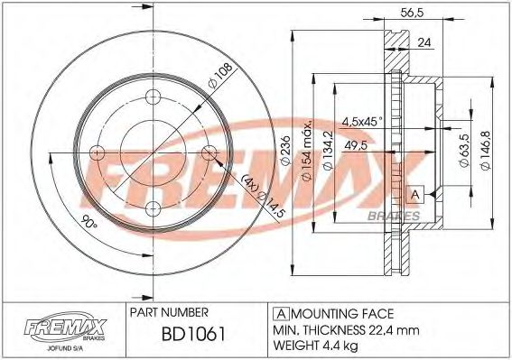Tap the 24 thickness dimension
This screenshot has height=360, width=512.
(424, 42)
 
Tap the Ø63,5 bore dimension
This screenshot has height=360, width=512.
(464, 147)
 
